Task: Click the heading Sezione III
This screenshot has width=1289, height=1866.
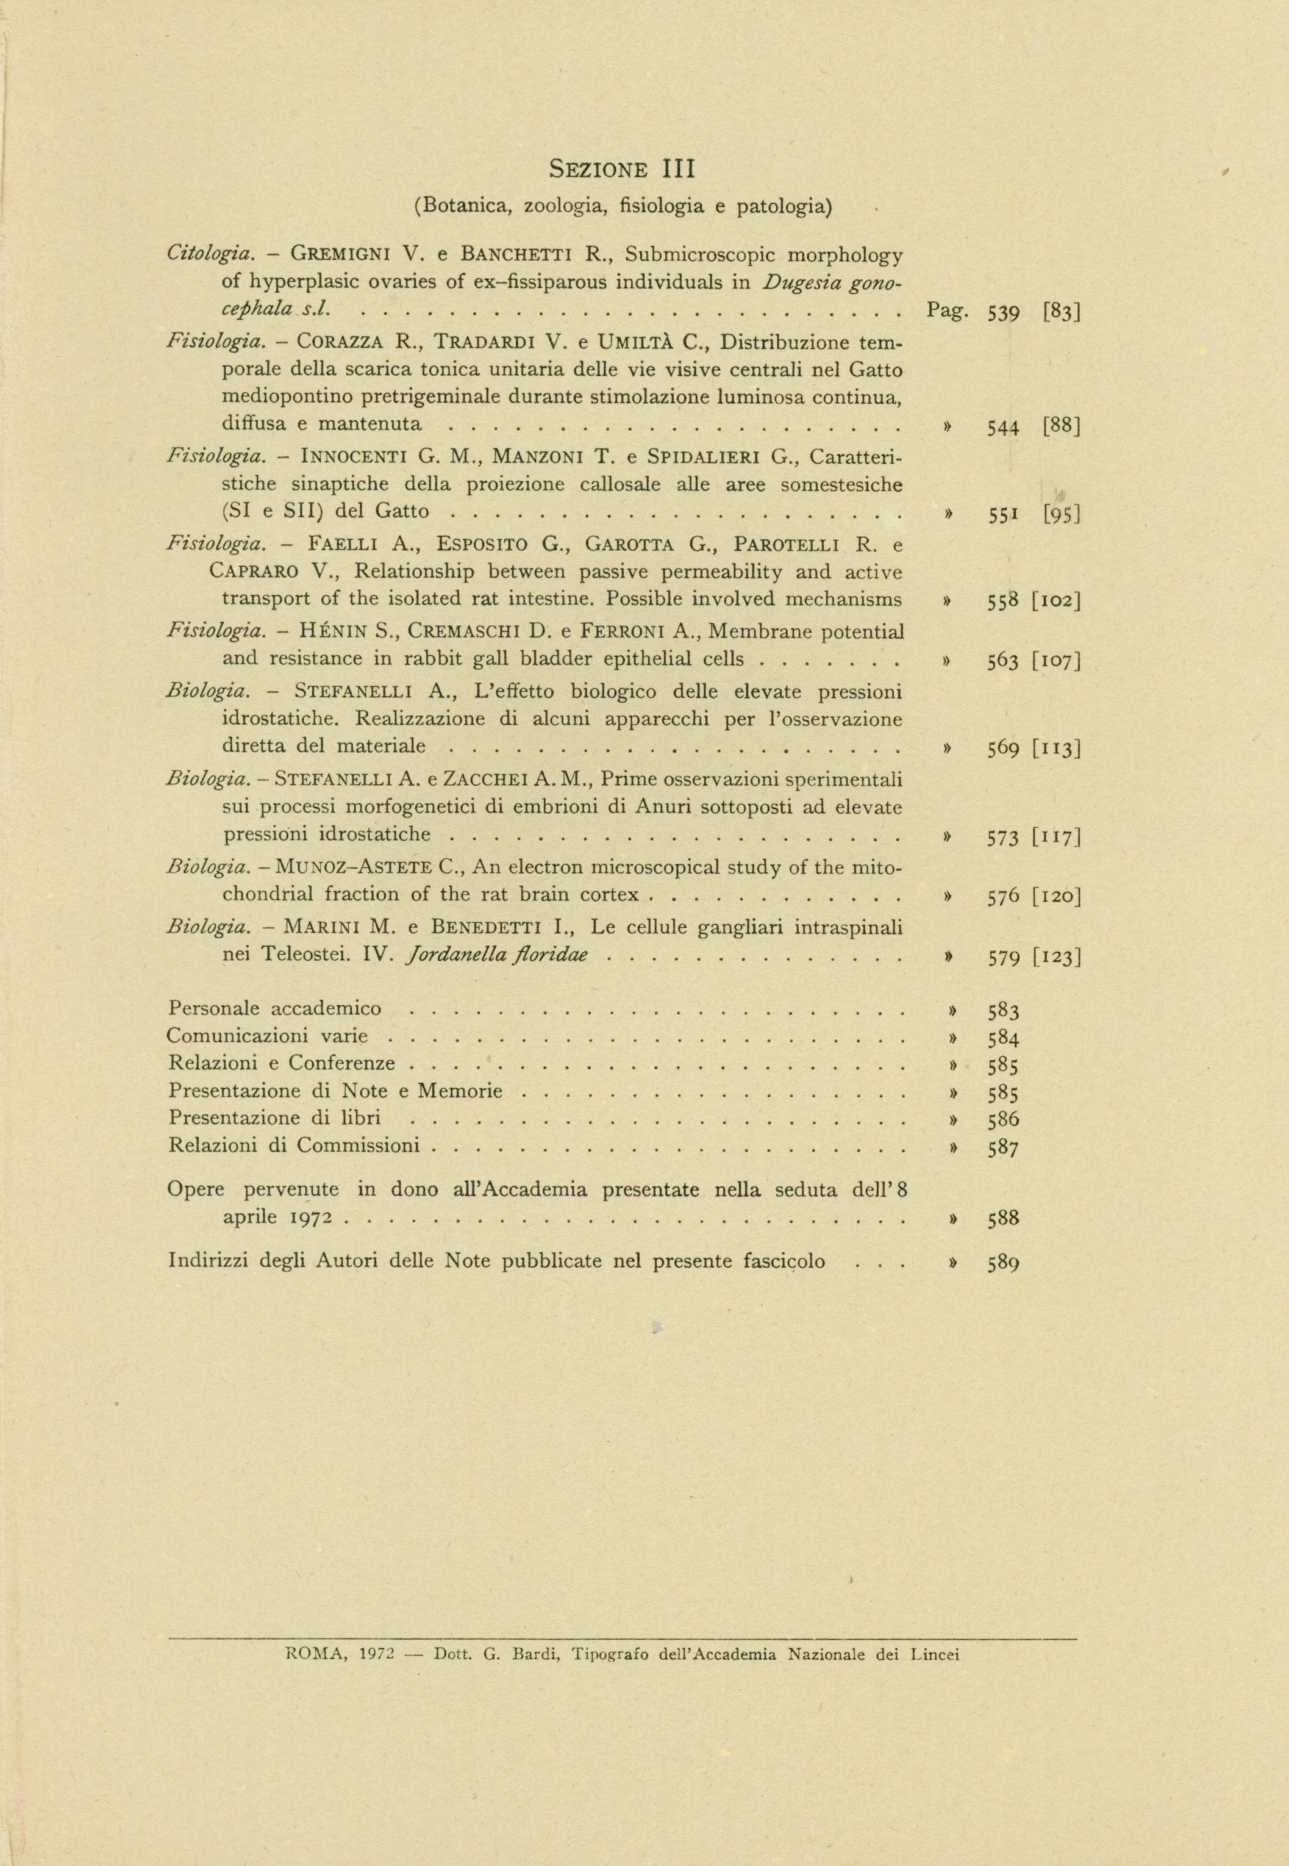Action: [622, 170]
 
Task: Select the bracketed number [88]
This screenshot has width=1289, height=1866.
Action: [1061, 426]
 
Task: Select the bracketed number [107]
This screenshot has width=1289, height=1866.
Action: [1057, 661]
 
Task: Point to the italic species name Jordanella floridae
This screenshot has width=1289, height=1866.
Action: [498, 956]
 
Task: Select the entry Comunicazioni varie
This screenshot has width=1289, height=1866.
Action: [267, 1036]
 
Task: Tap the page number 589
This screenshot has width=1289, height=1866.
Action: [1003, 1263]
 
